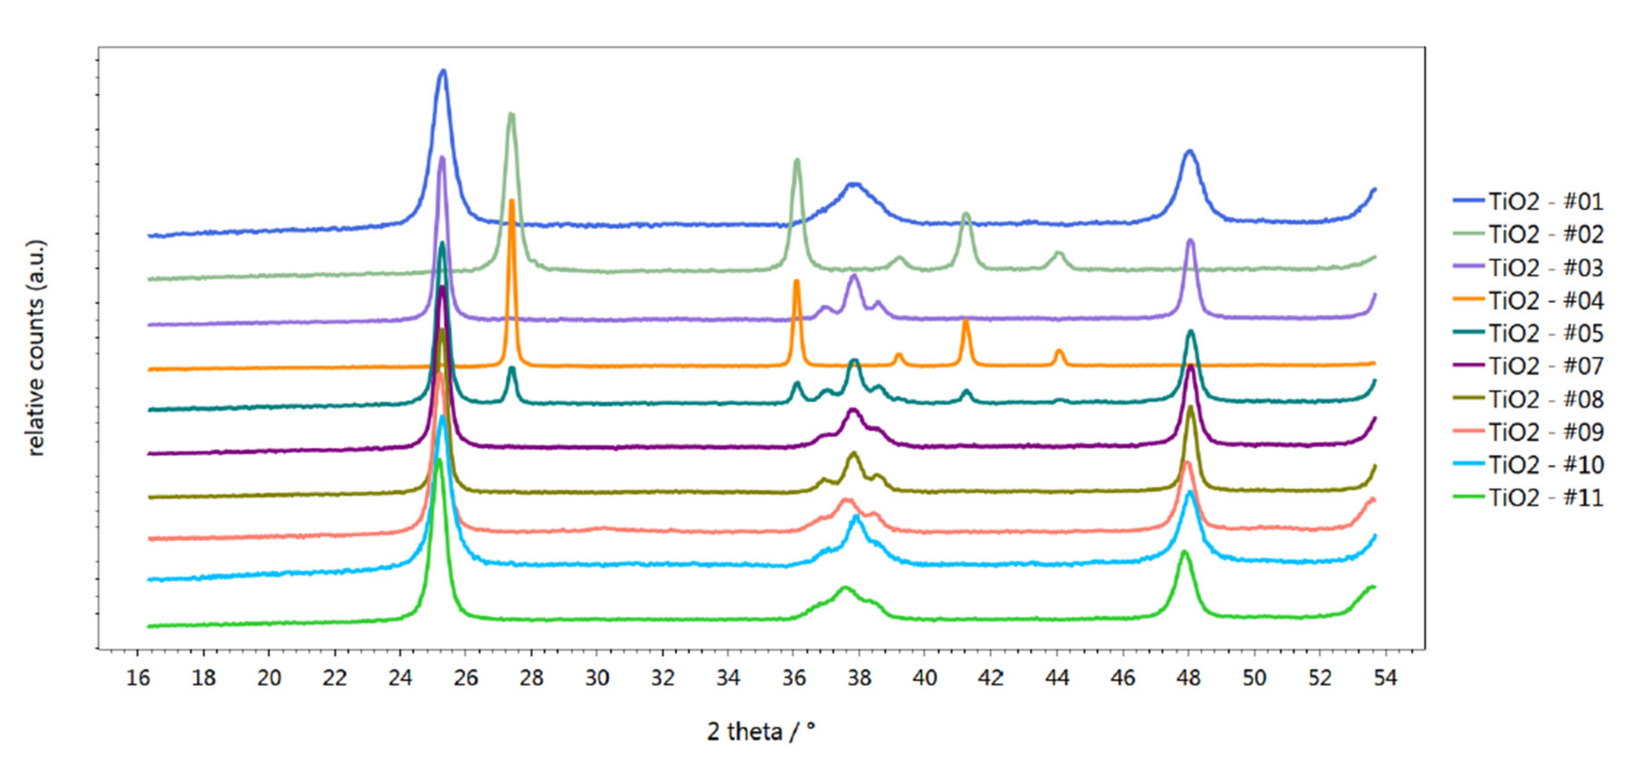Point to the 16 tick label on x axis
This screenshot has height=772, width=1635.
click(138, 678)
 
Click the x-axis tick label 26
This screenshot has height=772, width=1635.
click(466, 678)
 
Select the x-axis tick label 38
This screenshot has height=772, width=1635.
click(860, 678)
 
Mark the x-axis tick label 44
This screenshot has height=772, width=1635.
click(1056, 678)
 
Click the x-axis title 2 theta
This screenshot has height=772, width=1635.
click(760, 731)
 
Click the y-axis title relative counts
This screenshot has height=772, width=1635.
click(37, 348)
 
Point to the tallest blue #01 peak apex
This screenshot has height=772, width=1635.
click(443, 71)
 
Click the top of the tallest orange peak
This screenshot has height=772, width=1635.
click(512, 201)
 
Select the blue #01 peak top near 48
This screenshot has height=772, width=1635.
click(1189, 151)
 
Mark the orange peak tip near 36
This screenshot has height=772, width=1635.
click(797, 281)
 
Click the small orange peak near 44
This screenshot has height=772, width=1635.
click(1059, 350)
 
